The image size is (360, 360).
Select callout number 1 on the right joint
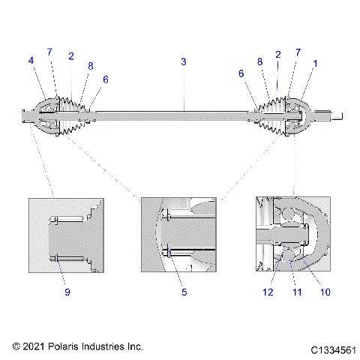[x=315, y=64]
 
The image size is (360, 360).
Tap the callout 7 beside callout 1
[x=298, y=53]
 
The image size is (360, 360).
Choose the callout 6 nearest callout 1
[x=241, y=73]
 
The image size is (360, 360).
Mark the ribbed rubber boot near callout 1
[x=272, y=117]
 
